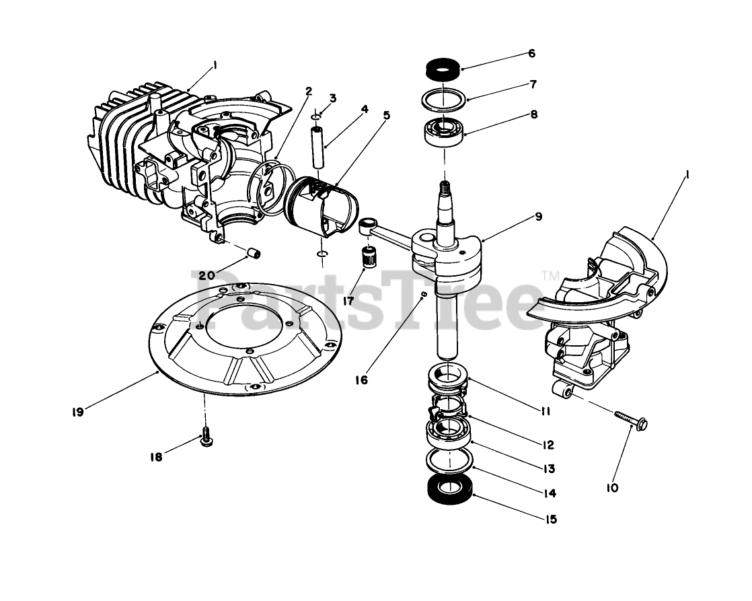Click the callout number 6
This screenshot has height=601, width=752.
[531, 53]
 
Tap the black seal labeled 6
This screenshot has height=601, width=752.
[442, 69]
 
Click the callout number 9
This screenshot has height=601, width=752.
[539, 217]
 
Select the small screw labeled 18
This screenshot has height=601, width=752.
[206, 438]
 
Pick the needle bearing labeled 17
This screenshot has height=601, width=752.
[366, 258]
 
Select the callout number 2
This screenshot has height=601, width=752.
[308, 91]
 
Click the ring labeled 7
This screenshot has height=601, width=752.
[443, 98]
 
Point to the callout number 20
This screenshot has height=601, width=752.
[206, 275]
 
